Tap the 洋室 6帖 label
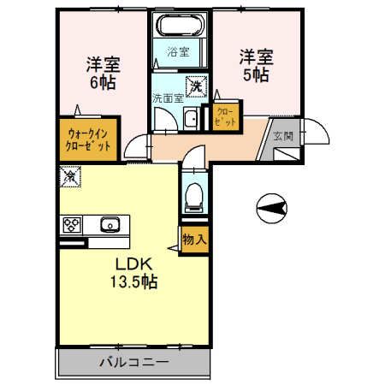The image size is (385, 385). pos(101,72)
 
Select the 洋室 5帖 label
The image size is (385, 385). pos(254,64)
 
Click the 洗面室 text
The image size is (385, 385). pos(167,98)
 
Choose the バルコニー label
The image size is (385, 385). pos(133,363)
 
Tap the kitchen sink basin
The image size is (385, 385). pos(109,226)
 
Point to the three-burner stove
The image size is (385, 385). pos(71,226)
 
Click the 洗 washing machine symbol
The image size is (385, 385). pos(197,85)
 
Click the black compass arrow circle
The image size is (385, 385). pos(270,206)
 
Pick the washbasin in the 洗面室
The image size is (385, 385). pos(192,119)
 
